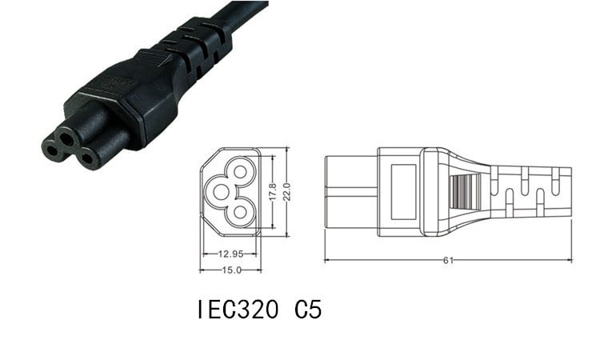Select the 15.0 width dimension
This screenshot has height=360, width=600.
(230, 270)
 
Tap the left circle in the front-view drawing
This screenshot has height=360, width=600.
(219, 192)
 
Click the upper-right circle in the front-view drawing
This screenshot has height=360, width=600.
(242, 171)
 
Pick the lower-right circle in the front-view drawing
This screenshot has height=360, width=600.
(242, 212)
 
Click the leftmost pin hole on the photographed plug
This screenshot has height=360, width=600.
(53, 147)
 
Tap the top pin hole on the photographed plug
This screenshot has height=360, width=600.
(70, 137)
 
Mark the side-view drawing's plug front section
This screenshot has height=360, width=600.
(350, 192)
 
